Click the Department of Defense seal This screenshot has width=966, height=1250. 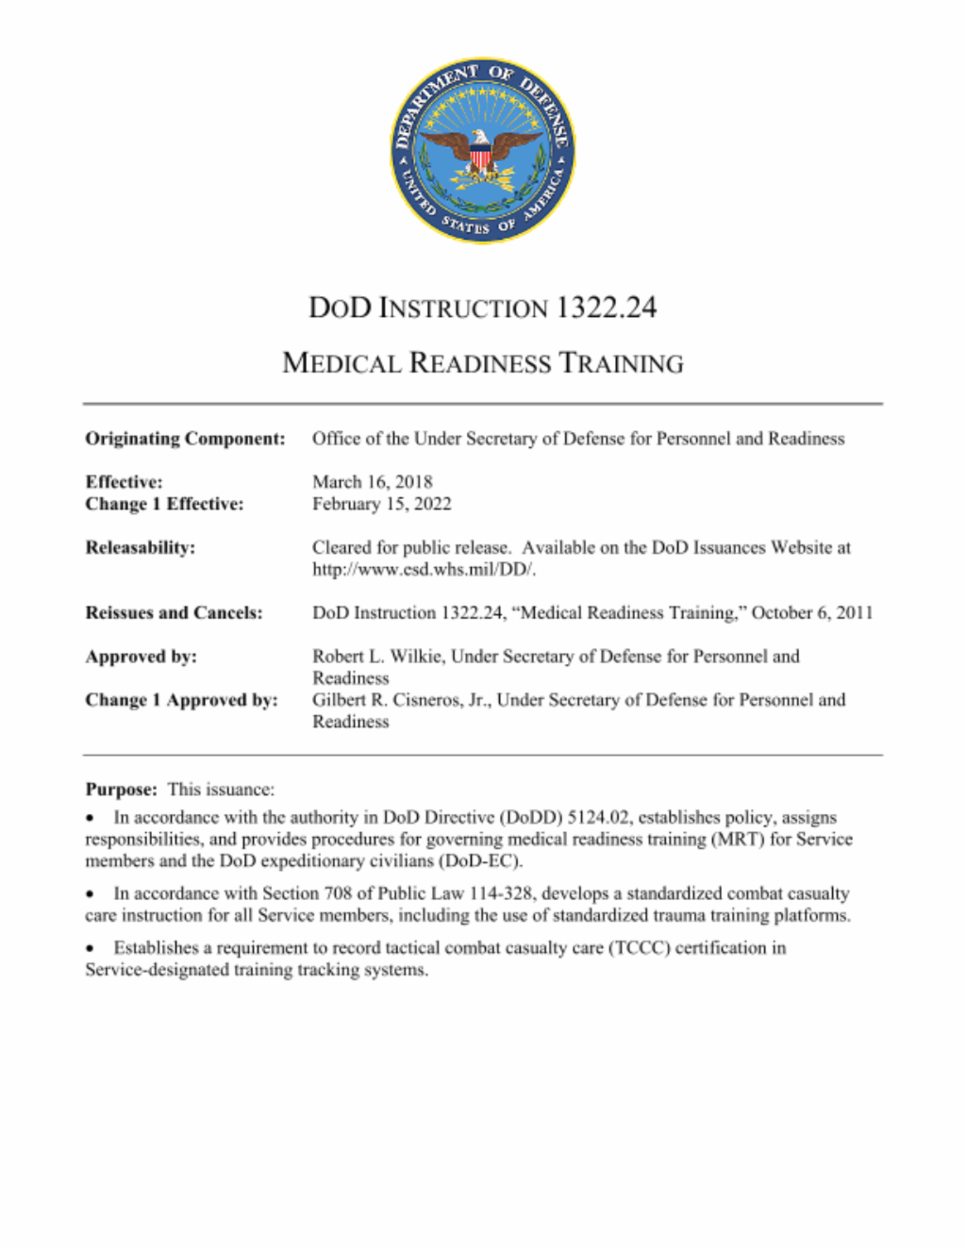coord(483,149)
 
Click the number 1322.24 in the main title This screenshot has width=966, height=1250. coord(606,308)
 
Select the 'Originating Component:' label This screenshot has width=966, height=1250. coord(185,439)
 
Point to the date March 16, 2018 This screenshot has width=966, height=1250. coord(373,482)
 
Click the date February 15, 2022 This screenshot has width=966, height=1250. coord(382,504)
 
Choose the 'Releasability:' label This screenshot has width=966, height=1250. coord(141,547)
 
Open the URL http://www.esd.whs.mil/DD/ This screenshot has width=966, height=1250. coord(425,569)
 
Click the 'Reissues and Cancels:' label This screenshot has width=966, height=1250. coord(174,613)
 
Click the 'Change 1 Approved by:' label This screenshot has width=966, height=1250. coord(181,700)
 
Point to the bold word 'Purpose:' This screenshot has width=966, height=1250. coord(121,790)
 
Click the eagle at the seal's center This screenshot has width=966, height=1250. coord(481,149)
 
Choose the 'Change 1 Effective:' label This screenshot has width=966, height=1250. coord(164,504)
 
